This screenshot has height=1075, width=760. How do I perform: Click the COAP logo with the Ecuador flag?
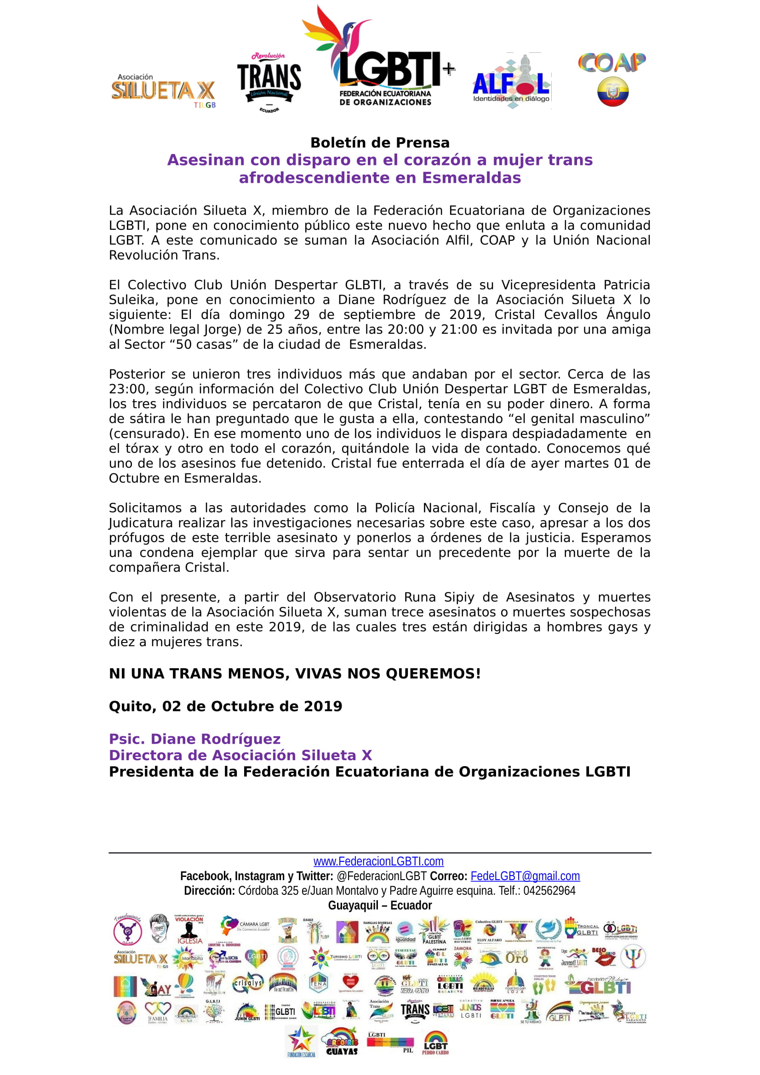click(x=612, y=79)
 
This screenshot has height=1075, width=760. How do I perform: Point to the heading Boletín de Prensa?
click(x=380, y=142)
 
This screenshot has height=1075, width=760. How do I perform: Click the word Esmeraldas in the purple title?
click(x=471, y=178)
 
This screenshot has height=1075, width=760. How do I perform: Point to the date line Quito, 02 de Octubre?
click(x=225, y=706)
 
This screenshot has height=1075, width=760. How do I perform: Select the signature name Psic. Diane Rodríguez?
click(x=194, y=739)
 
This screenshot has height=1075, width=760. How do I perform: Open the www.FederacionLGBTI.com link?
click(x=378, y=861)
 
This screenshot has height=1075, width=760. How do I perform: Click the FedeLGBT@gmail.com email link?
click(x=525, y=876)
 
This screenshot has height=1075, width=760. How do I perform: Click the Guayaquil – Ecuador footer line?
click(x=380, y=905)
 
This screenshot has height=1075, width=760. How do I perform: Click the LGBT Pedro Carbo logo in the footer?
click(x=435, y=1043)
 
